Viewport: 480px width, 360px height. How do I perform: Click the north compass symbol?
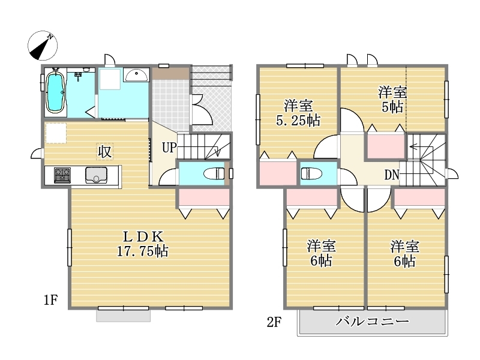pos(43,46)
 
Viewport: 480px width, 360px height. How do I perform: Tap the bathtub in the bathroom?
pos(55,91)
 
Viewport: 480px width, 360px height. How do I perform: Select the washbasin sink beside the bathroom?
pos(137,74)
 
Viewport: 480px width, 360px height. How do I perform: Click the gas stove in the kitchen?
pos(62,175)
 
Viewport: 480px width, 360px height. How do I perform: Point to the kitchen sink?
pos(96,175)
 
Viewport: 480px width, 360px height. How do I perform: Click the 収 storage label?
pos(104,152)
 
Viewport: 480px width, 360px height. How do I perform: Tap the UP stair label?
pos(169,148)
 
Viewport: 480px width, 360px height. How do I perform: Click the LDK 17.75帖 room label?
pos(143,244)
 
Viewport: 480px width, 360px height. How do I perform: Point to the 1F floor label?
pos(51,299)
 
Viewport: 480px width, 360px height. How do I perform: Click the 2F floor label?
pos(274,322)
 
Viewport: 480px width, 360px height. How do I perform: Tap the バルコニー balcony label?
pos(372,321)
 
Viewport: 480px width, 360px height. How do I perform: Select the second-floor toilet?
pos(311,174)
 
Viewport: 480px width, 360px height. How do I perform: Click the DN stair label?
pos(392,175)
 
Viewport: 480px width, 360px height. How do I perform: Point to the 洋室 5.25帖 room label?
pos(298,113)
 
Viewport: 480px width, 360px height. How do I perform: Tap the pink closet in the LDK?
pos(204,197)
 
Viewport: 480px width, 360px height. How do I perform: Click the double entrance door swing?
pos(202,109)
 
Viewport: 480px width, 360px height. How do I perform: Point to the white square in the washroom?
pos(109,79)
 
